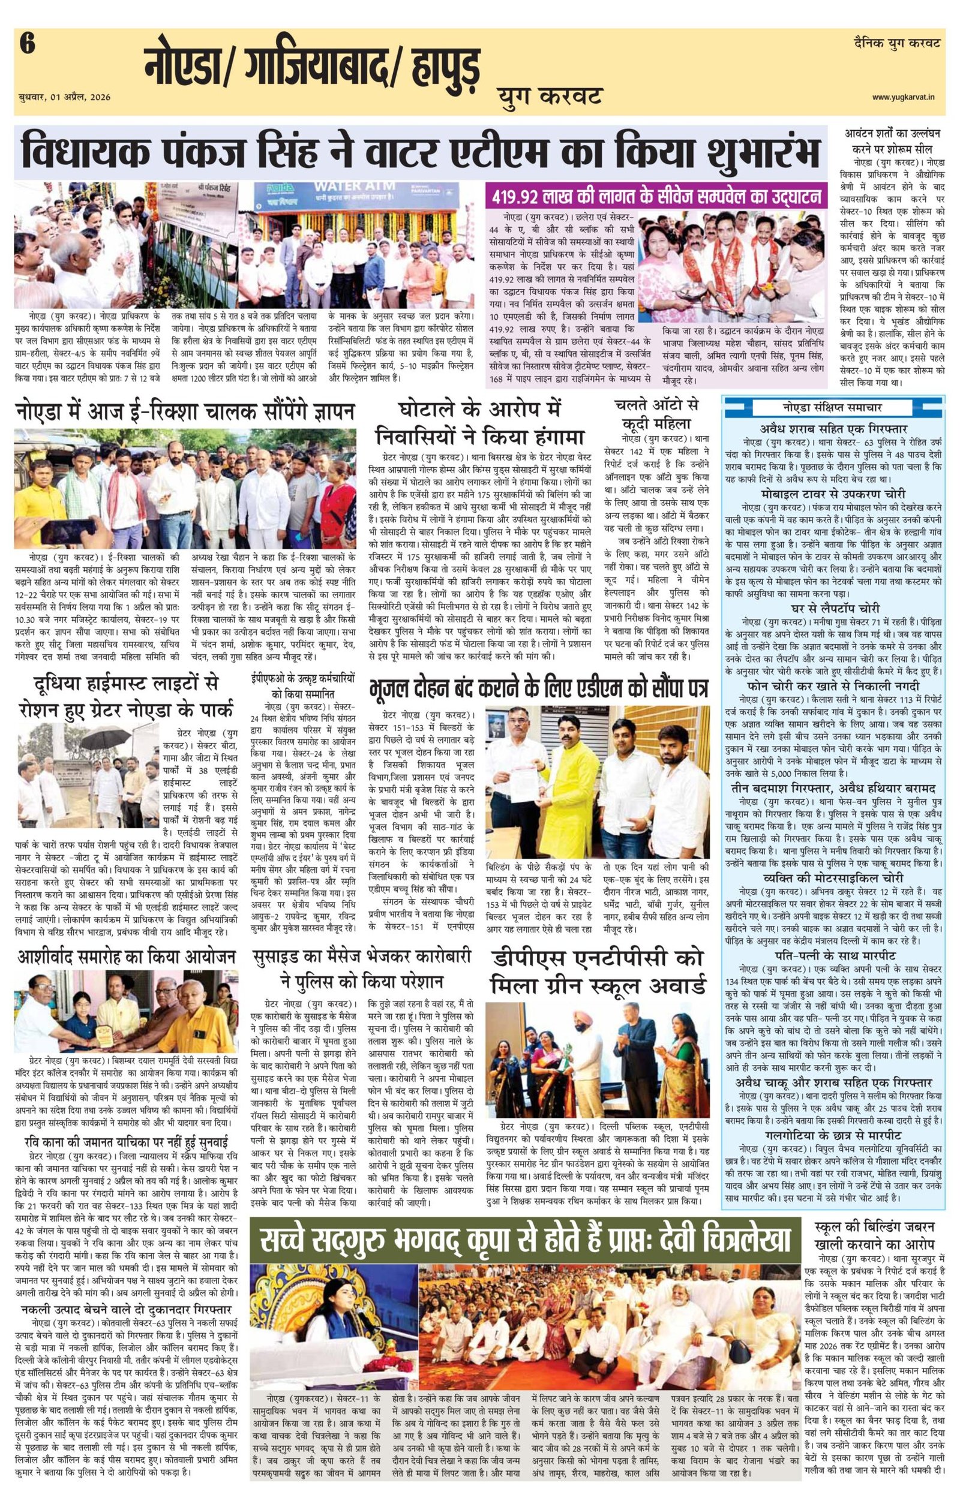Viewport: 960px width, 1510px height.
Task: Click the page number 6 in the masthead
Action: (27, 45)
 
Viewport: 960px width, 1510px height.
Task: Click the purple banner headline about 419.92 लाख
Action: (653, 196)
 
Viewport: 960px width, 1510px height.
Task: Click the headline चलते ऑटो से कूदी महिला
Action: (656, 412)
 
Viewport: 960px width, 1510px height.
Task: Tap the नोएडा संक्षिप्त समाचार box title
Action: (833, 408)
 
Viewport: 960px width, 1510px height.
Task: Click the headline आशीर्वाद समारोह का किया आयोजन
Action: (126, 956)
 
